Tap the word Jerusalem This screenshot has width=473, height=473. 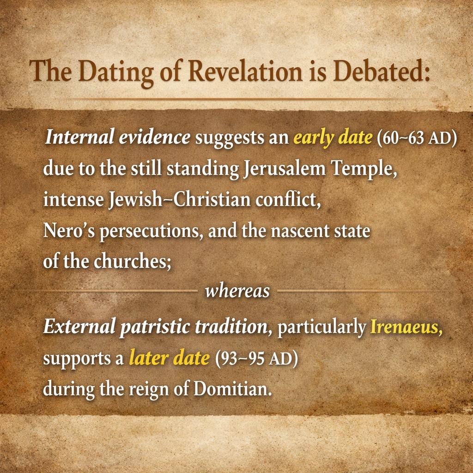click(x=284, y=169)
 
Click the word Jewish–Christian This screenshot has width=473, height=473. click(x=180, y=200)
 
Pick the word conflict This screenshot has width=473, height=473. click(x=288, y=200)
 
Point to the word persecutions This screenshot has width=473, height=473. click(x=152, y=232)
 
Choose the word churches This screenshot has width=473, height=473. click(x=133, y=261)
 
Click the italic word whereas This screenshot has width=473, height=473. click(x=237, y=291)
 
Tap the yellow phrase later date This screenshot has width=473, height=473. click(x=169, y=358)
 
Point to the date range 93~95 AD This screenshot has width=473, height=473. click(x=256, y=358)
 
